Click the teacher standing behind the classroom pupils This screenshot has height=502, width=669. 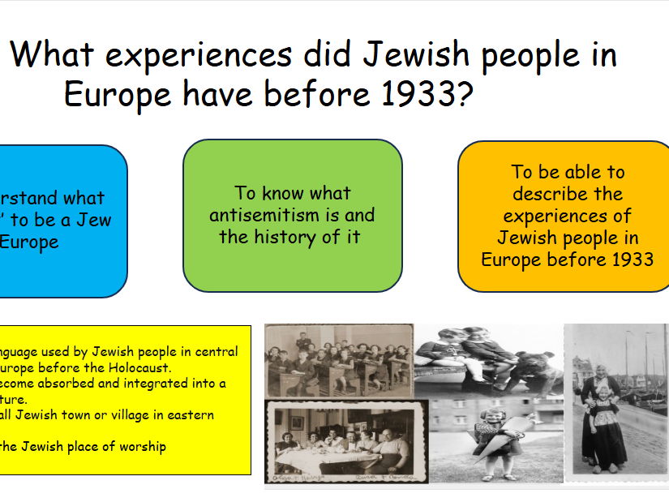(302, 341)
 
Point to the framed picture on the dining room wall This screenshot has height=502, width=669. (297, 423)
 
